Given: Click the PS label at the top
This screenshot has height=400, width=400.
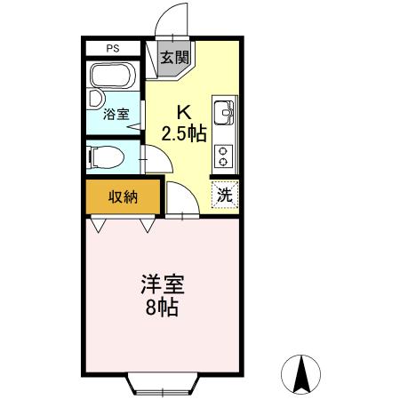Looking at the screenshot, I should [113, 49].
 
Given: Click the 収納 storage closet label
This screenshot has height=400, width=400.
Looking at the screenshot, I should [123, 197].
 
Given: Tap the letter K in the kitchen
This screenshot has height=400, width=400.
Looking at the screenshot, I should [184, 113].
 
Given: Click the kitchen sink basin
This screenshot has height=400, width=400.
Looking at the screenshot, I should [222, 112].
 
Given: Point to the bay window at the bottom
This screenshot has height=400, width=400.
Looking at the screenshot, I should [162, 385].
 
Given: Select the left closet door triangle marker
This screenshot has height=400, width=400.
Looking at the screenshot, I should [100, 226].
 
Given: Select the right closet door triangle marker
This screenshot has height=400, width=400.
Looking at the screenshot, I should [148, 226].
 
